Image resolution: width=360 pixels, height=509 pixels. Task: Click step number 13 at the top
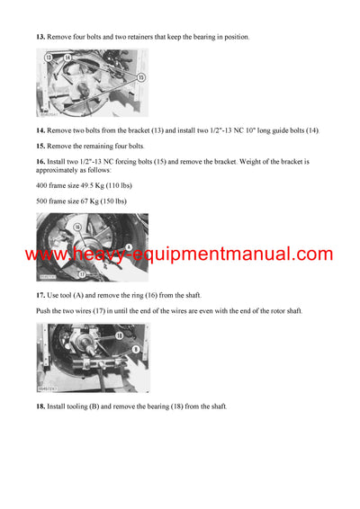point(40,37)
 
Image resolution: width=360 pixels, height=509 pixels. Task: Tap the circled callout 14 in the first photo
point(67,57)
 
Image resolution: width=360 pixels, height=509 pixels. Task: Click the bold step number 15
point(40,146)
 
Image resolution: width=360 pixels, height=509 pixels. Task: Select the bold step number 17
point(40,296)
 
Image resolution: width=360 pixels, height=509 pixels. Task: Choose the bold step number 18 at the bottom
point(40,406)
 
